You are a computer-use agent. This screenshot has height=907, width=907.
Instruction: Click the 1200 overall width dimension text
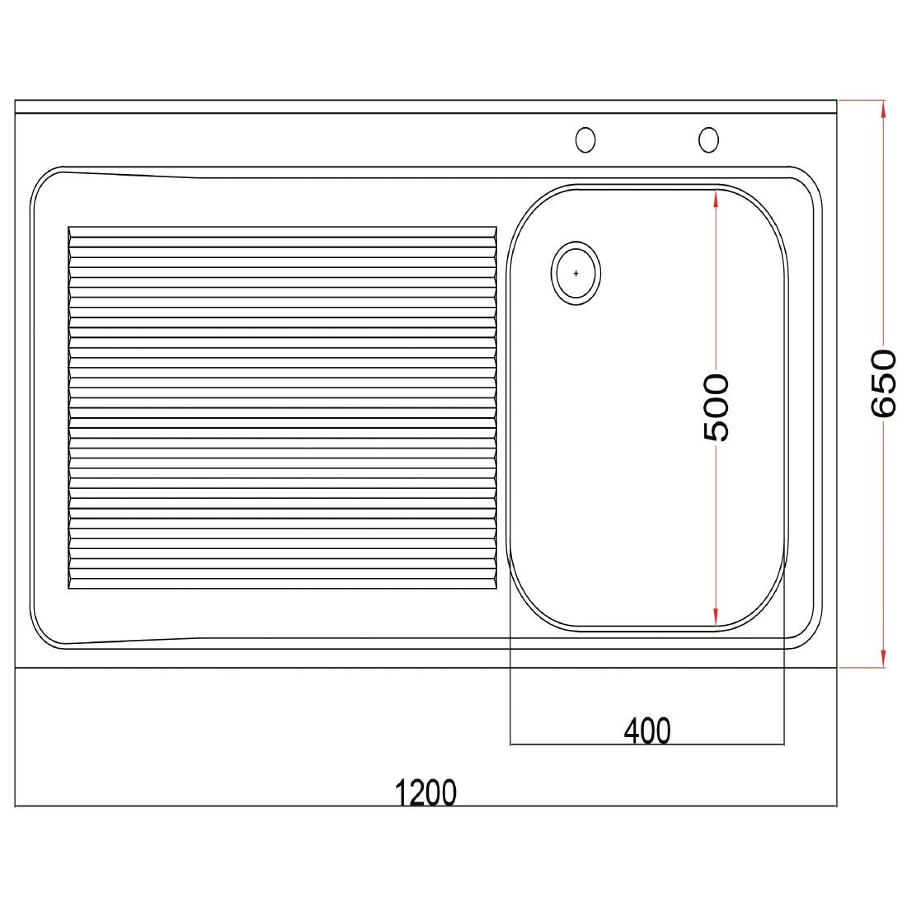(x=425, y=792)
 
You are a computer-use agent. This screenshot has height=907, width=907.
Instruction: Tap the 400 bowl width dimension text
(x=647, y=731)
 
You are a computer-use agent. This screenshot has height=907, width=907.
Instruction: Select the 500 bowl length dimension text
(x=716, y=407)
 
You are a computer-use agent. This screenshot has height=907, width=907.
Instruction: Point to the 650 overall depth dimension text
(x=883, y=383)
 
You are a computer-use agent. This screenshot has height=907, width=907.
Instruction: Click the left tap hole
(x=585, y=140)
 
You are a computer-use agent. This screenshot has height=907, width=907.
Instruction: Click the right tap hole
(x=708, y=140)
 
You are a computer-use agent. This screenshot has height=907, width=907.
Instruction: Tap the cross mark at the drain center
(x=576, y=273)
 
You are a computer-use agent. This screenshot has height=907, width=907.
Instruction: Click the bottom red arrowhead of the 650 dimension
(x=883, y=659)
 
